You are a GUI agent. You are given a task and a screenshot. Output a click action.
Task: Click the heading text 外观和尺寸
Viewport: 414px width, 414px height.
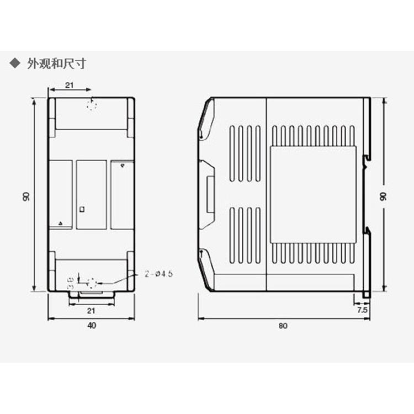(x=56, y=64)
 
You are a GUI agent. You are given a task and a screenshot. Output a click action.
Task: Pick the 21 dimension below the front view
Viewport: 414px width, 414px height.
(x=92, y=311)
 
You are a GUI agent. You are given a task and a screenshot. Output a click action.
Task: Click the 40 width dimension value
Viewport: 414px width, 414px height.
(x=92, y=325)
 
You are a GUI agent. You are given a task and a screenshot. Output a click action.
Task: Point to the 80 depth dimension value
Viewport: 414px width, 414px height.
(x=283, y=325)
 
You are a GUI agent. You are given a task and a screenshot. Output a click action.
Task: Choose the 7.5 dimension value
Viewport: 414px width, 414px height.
(x=362, y=311)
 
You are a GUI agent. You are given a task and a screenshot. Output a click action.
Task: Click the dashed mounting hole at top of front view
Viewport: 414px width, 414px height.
(x=92, y=105)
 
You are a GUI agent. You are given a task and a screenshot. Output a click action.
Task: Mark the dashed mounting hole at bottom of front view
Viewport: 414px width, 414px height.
(x=92, y=283)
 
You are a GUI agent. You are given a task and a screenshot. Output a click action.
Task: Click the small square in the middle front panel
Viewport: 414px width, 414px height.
(x=82, y=209)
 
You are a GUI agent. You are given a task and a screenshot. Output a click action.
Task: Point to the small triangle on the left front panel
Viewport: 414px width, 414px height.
(x=60, y=223)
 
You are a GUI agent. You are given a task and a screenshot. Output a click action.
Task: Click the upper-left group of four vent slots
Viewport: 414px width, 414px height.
(x=245, y=153)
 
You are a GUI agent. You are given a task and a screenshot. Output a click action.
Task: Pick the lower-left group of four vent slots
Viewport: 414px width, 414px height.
(x=245, y=235)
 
